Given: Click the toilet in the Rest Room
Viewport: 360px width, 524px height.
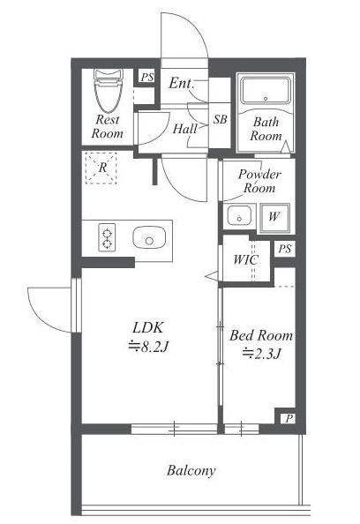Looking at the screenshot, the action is click(x=108, y=91).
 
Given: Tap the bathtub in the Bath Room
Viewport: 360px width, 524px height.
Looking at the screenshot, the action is click(x=266, y=90).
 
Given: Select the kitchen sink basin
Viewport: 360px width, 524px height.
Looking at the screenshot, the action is click(x=149, y=237).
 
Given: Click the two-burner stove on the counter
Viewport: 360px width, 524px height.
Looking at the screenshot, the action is click(x=107, y=237).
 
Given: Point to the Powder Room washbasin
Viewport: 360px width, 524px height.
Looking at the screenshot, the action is click(x=239, y=216).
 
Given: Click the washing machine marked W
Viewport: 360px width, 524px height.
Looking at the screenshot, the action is click(x=274, y=218).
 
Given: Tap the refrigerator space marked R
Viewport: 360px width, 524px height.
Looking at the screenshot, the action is click(x=101, y=168).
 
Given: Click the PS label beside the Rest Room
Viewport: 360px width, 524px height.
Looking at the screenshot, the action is click(x=147, y=78).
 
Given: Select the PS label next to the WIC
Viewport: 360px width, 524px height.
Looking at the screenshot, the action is click(x=285, y=249).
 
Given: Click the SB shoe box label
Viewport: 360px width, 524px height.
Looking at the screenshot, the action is click(x=220, y=119).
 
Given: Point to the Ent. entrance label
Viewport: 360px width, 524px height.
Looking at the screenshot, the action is click(x=182, y=83).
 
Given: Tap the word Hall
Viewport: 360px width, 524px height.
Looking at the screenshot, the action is click(x=184, y=128).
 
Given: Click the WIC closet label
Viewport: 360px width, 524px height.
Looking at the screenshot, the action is click(x=245, y=259).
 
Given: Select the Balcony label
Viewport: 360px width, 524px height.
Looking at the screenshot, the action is click(x=191, y=471).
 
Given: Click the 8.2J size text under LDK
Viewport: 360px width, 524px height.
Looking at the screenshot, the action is click(x=148, y=347).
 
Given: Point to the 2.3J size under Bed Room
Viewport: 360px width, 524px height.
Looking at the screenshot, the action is click(x=261, y=353).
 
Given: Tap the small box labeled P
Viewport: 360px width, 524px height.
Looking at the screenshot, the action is click(x=289, y=418).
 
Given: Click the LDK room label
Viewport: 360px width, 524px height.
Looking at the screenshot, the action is click(x=148, y=328).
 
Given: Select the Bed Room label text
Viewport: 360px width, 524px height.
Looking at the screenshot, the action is click(x=261, y=335).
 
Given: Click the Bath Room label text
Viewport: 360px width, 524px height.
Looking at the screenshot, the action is click(x=266, y=129).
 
